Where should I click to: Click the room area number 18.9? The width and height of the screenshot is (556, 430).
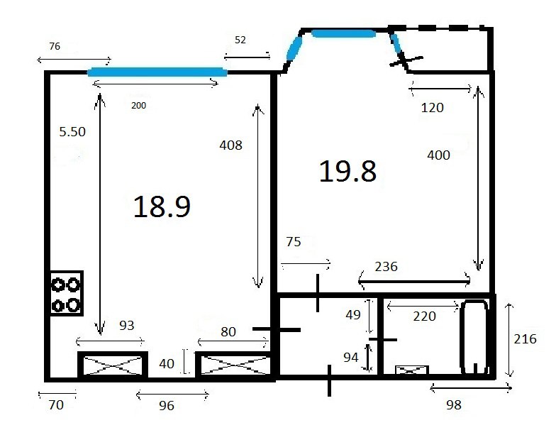(x=162, y=206)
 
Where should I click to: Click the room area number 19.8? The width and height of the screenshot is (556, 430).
(x=347, y=172)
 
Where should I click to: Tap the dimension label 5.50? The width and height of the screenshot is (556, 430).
(x=72, y=132)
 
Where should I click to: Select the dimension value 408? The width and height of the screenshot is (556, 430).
(x=231, y=145)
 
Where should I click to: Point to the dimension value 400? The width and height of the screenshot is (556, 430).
(x=438, y=155)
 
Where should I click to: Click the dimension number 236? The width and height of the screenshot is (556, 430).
(x=386, y=267)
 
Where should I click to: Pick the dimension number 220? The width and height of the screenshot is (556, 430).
(x=424, y=316)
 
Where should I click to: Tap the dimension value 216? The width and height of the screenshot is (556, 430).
(x=525, y=339)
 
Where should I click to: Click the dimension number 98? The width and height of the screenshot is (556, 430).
(x=454, y=404)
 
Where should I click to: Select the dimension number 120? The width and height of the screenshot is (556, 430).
(x=433, y=108)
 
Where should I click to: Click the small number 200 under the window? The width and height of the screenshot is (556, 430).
(x=139, y=105)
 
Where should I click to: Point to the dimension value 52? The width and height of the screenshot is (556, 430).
(x=240, y=40)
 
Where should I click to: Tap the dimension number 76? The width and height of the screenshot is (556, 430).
(x=55, y=46)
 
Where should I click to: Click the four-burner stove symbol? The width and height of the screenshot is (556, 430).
(x=67, y=293)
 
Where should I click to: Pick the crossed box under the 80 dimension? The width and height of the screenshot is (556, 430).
(x=234, y=365)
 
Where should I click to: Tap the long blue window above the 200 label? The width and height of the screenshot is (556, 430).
(x=157, y=72)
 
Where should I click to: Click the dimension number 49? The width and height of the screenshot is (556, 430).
(x=353, y=315)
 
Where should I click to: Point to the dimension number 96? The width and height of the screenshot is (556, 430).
(x=166, y=406)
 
